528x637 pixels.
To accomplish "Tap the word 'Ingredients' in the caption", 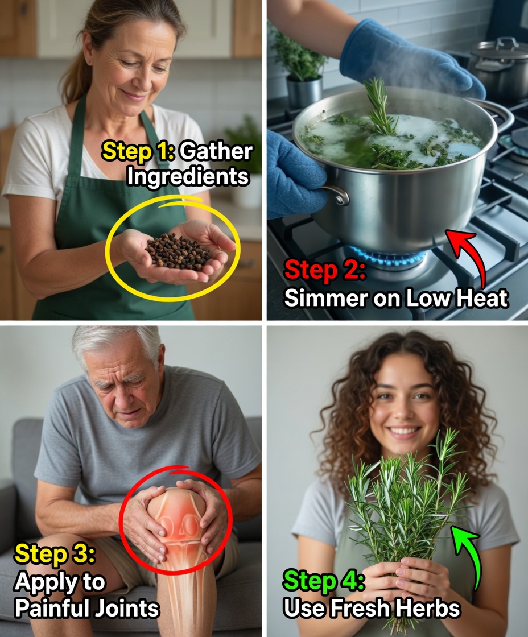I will [x=188, y=177].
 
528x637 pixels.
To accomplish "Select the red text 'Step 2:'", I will [x=325, y=270].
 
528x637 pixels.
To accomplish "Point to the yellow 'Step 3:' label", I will [x=55, y=554].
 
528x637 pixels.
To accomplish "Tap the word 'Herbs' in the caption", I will [x=428, y=608].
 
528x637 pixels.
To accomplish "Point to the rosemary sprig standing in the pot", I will [x=380, y=108].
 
